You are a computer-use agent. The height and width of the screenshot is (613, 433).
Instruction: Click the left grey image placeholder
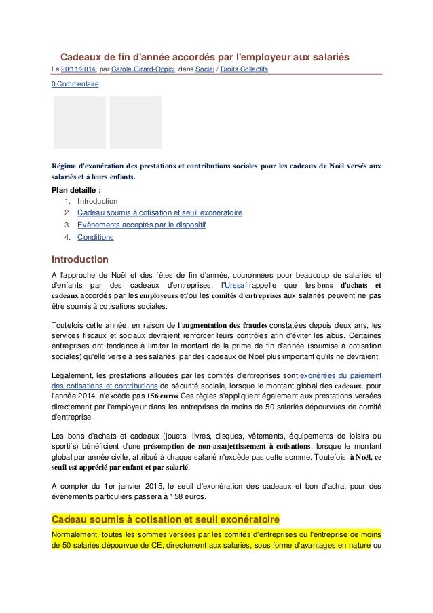79,122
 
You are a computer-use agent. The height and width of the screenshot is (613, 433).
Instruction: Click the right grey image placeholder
136,122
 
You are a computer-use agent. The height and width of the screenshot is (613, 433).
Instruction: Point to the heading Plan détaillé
77,190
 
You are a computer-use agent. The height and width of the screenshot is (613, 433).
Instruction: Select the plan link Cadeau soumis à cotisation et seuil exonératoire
159,213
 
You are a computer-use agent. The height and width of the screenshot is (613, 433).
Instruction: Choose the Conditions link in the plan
95,237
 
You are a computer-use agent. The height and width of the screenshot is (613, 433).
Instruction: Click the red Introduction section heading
80,259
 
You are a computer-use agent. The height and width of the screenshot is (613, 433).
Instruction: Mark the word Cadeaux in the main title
83,58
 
